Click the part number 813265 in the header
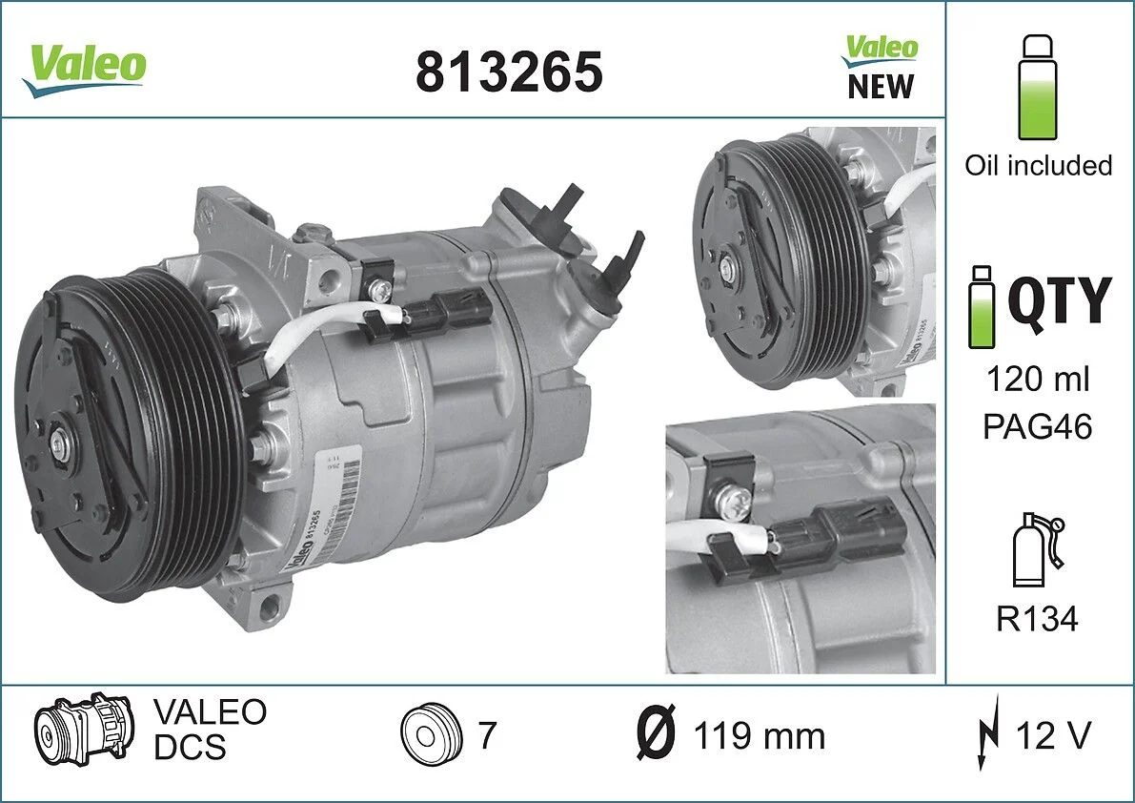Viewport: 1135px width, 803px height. pos(509,72)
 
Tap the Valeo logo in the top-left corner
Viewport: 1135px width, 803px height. pos(85,69)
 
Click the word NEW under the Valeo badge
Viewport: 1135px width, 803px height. pos(880,87)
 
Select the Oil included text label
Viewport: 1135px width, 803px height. pos(1038,165)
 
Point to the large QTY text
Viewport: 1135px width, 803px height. pos(1059,301)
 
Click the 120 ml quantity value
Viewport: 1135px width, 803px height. pos(1037,379)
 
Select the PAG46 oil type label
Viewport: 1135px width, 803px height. pos(1037,425)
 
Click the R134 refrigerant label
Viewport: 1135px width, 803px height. pos(1037,620)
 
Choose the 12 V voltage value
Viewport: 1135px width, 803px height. pos(1052,735)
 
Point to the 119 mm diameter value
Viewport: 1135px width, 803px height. pos(759,736)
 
